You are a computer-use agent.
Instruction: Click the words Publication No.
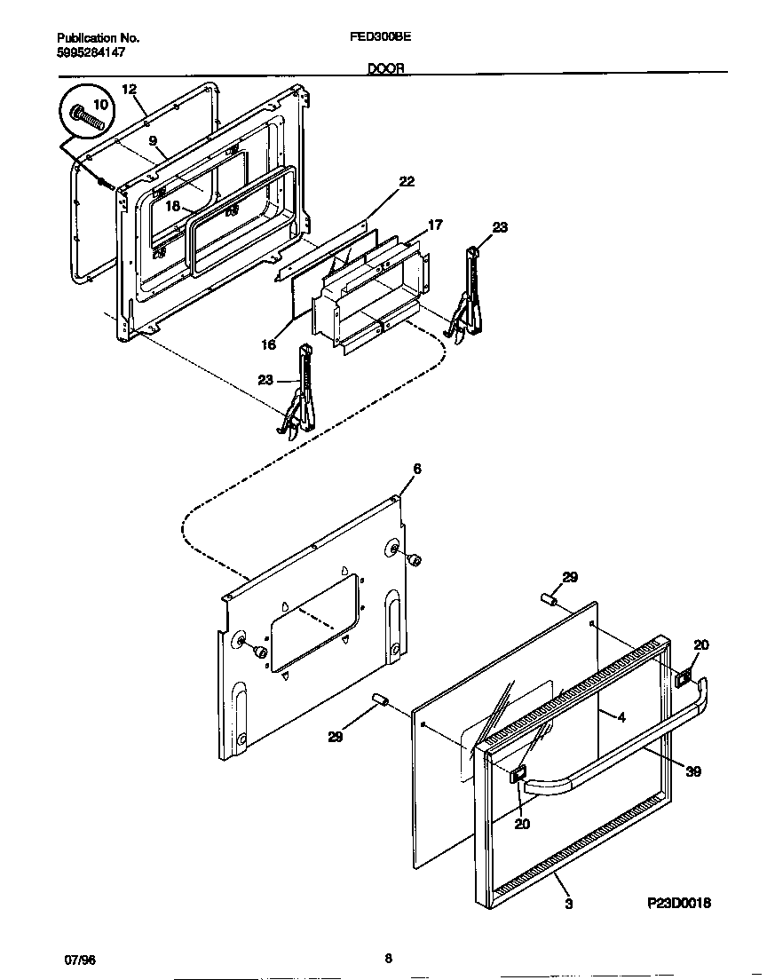pos(98,38)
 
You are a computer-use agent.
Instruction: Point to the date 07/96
pos(79,960)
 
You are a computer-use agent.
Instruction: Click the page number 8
pos(388,957)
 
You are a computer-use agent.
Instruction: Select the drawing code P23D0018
pos(678,903)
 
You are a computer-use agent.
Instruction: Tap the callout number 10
pos(100,104)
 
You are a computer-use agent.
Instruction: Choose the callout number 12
pos(129,89)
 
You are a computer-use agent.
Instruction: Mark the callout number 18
pos(173,206)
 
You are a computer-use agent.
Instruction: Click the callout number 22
pos(406,182)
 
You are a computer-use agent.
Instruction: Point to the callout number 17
pos(435,225)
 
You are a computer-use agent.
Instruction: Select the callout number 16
pos(268,344)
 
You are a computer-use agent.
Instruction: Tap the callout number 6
pos(416,468)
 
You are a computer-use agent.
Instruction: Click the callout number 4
pos(621,717)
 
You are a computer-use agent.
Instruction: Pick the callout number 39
pos(693,771)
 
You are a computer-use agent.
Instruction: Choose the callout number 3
pos(568,904)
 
